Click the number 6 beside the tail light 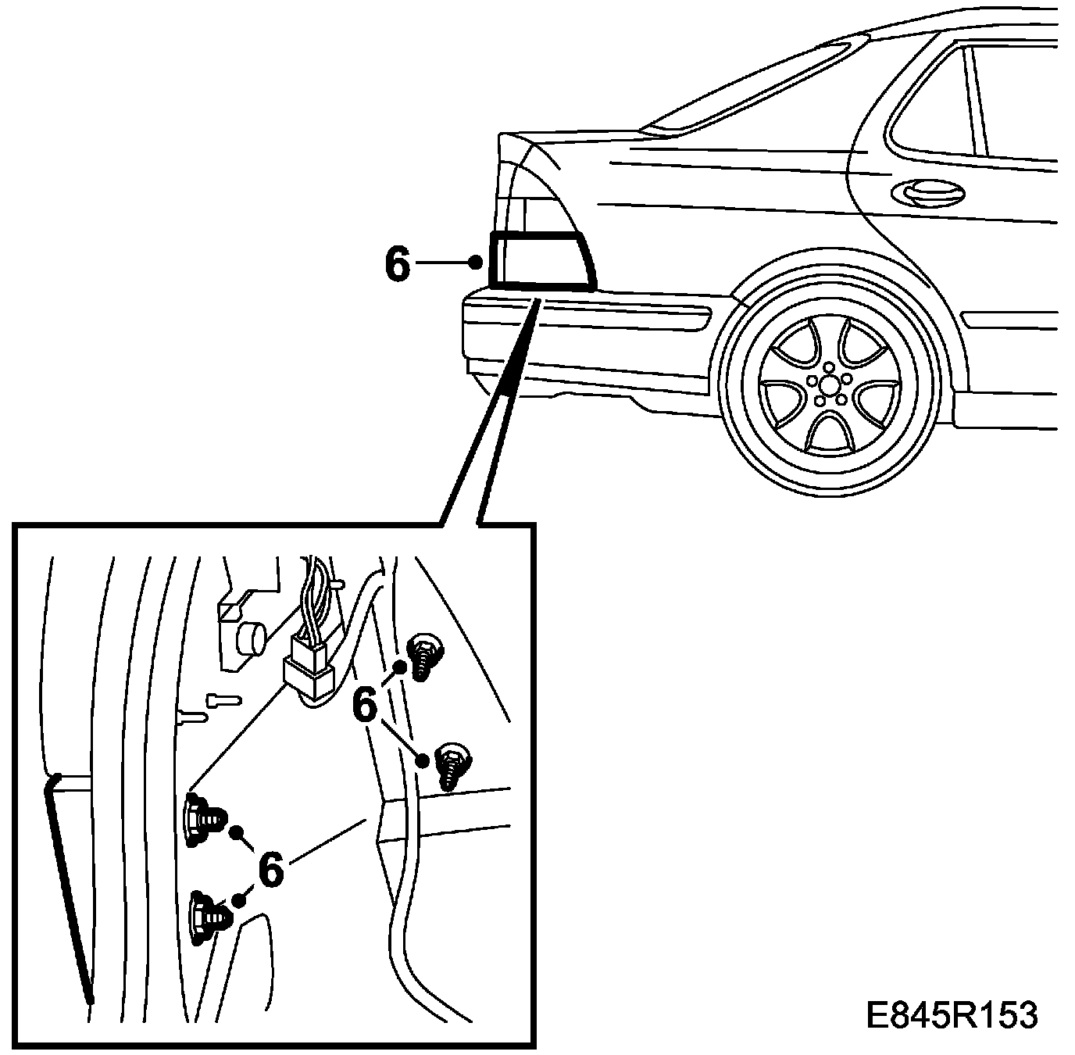397,265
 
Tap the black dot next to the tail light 475,263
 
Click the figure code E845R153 952,1015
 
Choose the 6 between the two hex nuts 270,869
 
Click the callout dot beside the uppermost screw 400,667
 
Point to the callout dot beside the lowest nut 239,900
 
